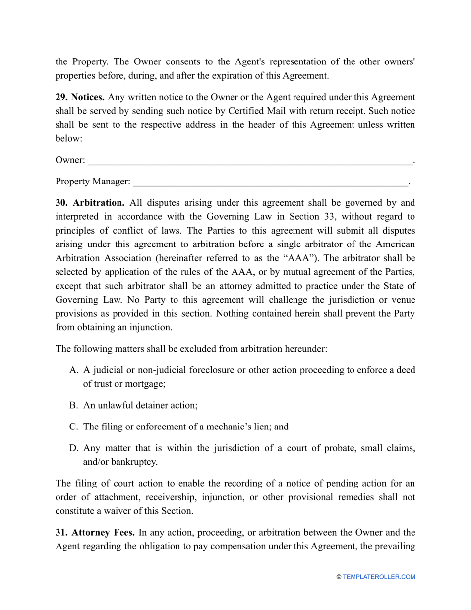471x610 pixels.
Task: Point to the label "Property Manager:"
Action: click(x=93, y=182)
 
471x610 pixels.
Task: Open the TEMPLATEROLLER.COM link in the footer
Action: click(x=379, y=577)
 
